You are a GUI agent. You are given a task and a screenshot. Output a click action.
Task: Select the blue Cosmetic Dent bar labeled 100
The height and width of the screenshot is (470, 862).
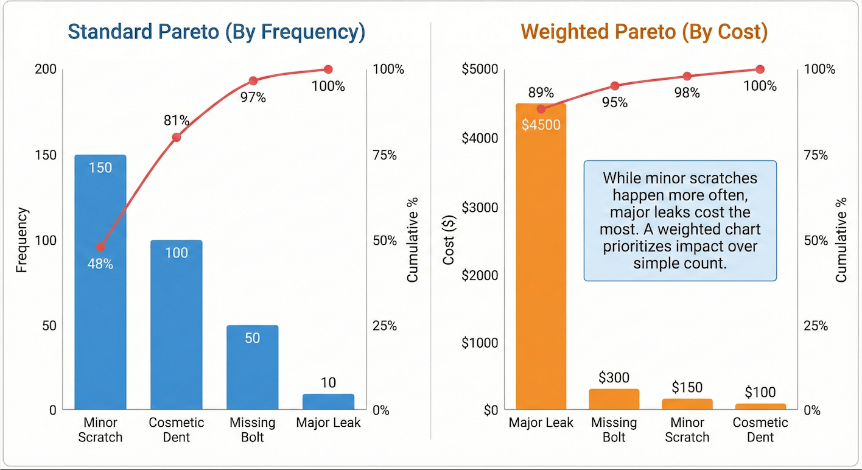tap(177, 329)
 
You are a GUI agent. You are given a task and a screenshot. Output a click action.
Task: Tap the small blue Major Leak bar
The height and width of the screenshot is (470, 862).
tap(328, 402)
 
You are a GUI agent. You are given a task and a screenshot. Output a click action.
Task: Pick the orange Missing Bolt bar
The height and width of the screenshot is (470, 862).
tap(614, 399)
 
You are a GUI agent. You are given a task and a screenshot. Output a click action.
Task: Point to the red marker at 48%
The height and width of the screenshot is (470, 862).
tap(100, 247)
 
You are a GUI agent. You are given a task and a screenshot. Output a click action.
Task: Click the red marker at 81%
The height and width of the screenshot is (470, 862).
tap(177, 138)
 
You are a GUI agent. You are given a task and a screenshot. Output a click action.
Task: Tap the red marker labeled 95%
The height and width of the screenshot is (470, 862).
tap(614, 86)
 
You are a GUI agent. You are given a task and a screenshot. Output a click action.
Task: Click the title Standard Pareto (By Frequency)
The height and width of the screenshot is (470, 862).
tap(216, 32)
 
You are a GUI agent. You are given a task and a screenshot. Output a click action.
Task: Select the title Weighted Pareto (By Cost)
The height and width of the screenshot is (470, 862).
tap(644, 32)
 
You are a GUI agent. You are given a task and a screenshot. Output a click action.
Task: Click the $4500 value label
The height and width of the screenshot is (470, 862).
tap(541, 125)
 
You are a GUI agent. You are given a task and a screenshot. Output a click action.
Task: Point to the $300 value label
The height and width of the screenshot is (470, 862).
tap(614, 378)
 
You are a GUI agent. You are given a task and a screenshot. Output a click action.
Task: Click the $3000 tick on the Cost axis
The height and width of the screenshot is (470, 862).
tap(480, 208)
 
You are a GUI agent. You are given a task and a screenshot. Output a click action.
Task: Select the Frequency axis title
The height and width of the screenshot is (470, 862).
tap(22, 240)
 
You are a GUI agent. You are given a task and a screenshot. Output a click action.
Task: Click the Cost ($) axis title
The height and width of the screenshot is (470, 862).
tap(449, 240)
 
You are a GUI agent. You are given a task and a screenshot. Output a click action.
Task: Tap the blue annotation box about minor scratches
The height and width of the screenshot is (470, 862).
tap(680, 220)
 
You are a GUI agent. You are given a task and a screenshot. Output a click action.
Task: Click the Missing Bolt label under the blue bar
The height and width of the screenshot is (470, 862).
tap(253, 430)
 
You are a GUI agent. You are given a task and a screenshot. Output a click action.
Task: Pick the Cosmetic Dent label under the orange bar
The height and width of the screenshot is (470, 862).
tap(760, 430)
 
